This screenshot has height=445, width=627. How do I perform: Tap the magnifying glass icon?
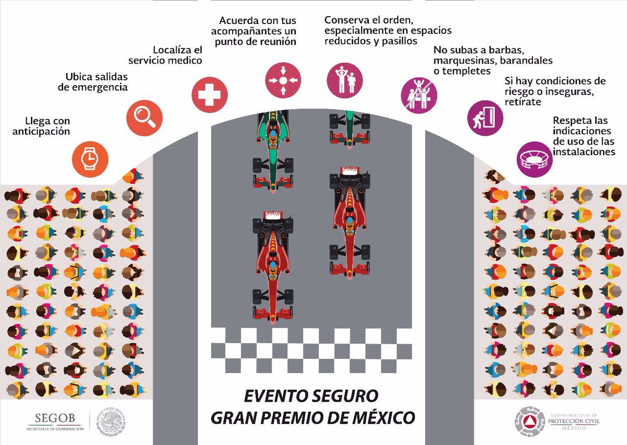(145, 118)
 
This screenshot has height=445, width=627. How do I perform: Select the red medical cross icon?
(210, 95)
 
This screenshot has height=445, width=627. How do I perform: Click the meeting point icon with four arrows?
(283, 80)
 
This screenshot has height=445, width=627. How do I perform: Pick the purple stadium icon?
(534, 159)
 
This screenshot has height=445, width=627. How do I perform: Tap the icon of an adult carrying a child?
(345, 80)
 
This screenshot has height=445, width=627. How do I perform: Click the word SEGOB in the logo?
(55, 418)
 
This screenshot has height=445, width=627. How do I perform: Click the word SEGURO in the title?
(342, 396)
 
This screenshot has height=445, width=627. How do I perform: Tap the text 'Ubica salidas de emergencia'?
(92, 82)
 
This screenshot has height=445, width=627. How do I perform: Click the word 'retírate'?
(522, 102)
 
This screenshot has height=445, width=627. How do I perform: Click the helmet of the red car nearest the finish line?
(272, 270)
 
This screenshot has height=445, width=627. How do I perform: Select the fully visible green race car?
(272, 146)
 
